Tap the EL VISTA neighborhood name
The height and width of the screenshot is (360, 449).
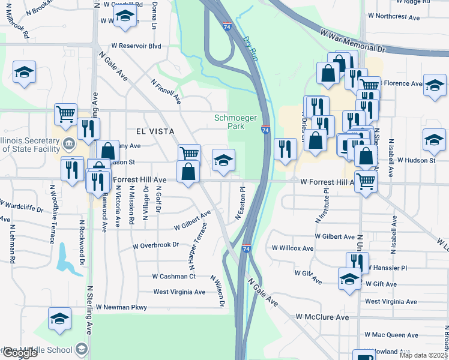tap(155, 131)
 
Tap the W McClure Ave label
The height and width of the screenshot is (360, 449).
tap(322, 317)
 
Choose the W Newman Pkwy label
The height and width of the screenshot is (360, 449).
tap(121, 307)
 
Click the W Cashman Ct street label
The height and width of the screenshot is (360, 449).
tap(174, 277)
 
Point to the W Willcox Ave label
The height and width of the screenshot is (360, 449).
tap(293, 248)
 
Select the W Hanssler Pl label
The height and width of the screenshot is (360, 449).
tap(387, 268)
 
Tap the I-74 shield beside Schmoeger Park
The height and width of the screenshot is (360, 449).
tap(265, 129)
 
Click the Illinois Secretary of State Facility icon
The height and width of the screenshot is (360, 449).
tap(68, 144)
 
